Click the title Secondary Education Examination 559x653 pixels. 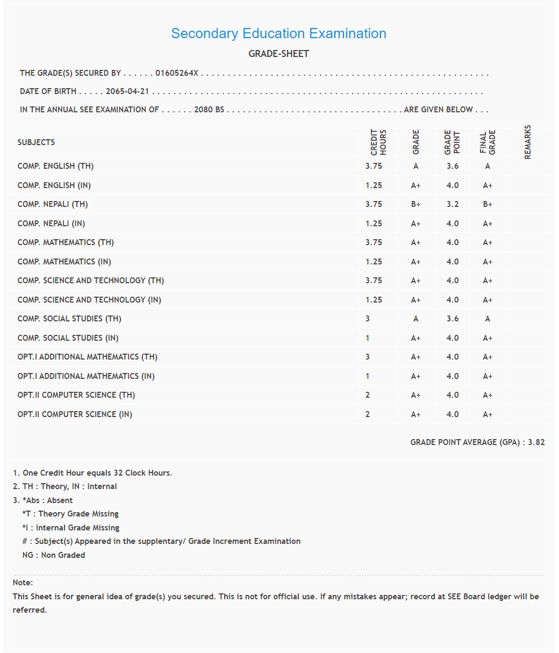[x=278, y=33]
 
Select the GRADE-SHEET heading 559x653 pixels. [x=278, y=54]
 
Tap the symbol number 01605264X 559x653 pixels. [x=177, y=73]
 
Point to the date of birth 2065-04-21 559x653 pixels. [x=127, y=91]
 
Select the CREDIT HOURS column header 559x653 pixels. [x=378, y=142]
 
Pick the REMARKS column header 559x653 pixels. [x=527, y=142]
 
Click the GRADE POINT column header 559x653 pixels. [x=453, y=142]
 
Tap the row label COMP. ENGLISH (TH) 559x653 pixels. [x=55, y=166]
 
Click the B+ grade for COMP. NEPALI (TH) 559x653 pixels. [x=415, y=204]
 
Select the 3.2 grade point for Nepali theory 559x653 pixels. [x=453, y=204]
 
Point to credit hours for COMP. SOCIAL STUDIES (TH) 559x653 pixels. [x=368, y=319]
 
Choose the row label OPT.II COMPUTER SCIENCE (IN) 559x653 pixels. [x=75, y=414]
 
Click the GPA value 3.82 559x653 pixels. [x=536, y=442]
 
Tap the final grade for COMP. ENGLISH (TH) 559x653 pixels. [x=488, y=166]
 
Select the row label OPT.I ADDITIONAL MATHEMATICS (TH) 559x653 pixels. [x=87, y=357]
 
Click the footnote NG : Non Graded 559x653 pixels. [x=54, y=555]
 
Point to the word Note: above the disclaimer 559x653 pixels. [x=23, y=583]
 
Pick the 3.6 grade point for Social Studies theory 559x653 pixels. [x=453, y=319]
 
